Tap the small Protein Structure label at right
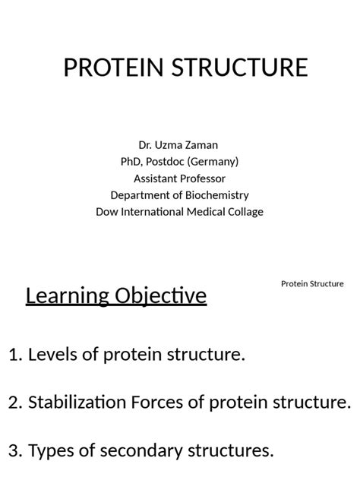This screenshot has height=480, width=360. click(x=312, y=284)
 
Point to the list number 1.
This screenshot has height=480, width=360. click(x=14, y=355)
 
